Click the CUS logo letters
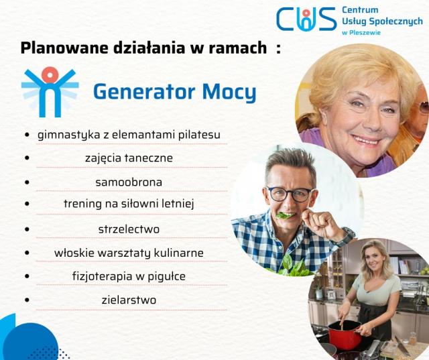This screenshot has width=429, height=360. (x=306, y=19)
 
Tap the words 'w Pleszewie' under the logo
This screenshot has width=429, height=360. (x=361, y=33)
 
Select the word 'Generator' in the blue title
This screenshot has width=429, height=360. (x=144, y=92)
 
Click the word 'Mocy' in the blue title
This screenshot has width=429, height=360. (x=229, y=93)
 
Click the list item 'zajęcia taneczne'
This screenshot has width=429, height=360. (x=129, y=158)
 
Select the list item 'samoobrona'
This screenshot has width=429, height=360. (x=129, y=182)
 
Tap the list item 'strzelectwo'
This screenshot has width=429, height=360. (x=129, y=229)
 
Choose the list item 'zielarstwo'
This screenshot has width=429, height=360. (x=129, y=300)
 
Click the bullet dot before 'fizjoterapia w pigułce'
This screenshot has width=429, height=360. (x=27, y=276)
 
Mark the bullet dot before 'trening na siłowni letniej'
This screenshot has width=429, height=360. (x=27, y=204)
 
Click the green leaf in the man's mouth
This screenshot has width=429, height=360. (x=285, y=216)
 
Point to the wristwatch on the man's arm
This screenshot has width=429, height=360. (x=347, y=236)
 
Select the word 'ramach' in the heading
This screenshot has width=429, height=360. (x=238, y=48)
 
